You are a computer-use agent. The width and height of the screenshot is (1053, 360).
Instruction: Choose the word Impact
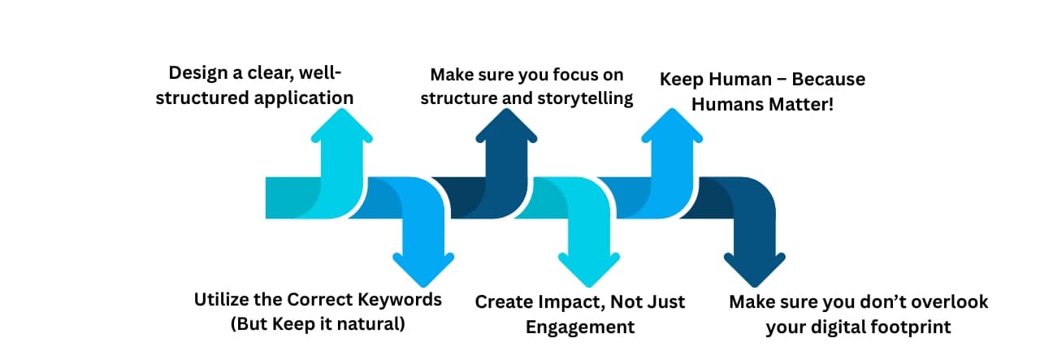click(564, 302)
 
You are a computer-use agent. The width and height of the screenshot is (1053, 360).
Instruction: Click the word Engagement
click(579, 327)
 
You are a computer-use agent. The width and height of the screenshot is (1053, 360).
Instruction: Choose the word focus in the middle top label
click(572, 75)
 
